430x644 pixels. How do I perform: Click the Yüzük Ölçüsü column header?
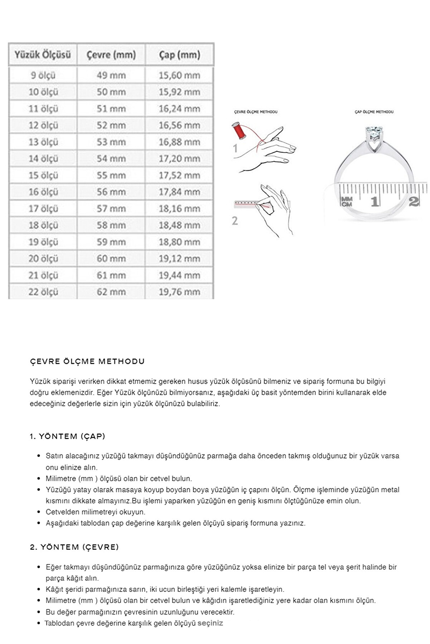tap(43, 55)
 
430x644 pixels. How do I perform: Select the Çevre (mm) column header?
tap(111, 55)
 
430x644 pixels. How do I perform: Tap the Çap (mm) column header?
tap(179, 55)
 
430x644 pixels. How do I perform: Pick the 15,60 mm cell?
tap(179, 75)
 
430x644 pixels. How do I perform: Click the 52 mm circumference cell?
tap(111, 126)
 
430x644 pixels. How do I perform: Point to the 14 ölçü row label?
tap(43, 159)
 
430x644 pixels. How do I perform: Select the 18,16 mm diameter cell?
tap(179, 209)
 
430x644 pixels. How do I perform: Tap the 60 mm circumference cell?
tap(111, 259)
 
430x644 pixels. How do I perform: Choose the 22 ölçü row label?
tap(43, 292)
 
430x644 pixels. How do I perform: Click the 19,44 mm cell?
tap(179, 275)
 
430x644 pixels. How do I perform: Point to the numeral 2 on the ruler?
tap(414, 201)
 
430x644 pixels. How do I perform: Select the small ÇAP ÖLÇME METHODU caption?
tap(374, 112)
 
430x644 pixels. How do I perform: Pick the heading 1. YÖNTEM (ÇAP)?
tap(67, 436)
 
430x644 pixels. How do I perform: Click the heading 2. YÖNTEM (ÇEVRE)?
tap(74, 547)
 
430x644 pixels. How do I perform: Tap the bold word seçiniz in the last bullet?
tap(210, 623)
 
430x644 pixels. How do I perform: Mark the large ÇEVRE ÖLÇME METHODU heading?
tap(87, 361)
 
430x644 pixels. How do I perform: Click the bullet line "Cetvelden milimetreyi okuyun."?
tap(96, 512)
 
